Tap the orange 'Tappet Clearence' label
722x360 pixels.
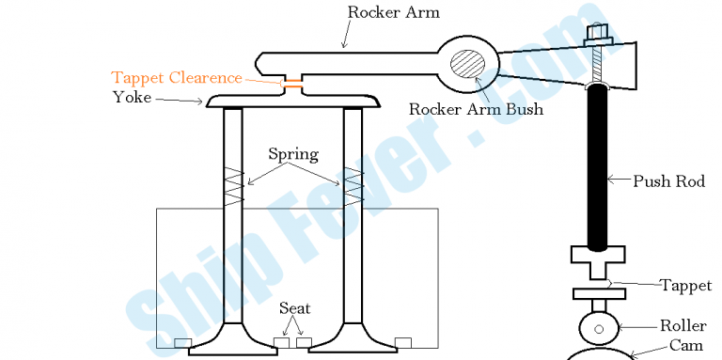[177, 78]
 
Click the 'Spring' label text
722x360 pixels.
[292, 153]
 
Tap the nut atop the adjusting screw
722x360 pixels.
[599, 35]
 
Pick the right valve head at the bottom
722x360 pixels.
[353, 345]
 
